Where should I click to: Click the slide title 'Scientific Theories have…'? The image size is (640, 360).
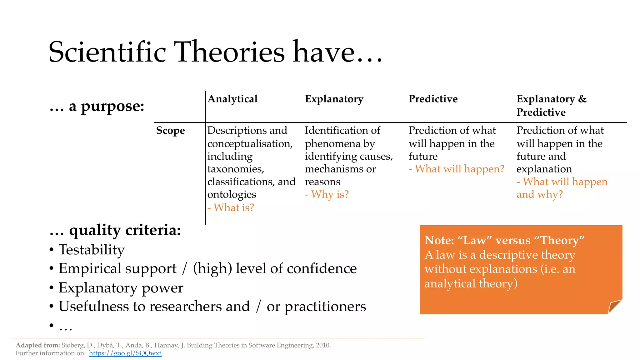click(215, 52)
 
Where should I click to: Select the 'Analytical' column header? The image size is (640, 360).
click(232, 99)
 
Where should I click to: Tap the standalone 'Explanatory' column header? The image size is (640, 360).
click(334, 99)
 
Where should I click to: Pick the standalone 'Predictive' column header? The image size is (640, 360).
click(433, 99)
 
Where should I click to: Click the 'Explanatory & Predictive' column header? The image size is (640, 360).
click(551, 105)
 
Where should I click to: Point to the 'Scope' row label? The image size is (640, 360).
click(170, 130)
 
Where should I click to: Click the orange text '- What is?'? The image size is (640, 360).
click(231, 207)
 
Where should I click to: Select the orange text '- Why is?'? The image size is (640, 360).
click(327, 194)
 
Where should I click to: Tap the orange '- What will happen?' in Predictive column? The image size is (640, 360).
click(456, 169)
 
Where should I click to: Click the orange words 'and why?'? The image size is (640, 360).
click(539, 194)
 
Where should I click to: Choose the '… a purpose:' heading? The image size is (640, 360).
click(97, 106)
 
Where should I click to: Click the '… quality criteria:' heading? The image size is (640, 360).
click(115, 230)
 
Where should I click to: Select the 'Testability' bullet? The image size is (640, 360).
click(92, 250)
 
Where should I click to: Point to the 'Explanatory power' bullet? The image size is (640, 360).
click(121, 288)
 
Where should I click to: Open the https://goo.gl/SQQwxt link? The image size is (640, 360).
click(125, 353)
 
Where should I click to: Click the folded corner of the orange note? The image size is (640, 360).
click(614, 306)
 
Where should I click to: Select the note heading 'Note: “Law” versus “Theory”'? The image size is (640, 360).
click(504, 240)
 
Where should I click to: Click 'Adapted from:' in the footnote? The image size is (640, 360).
click(38, 345)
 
